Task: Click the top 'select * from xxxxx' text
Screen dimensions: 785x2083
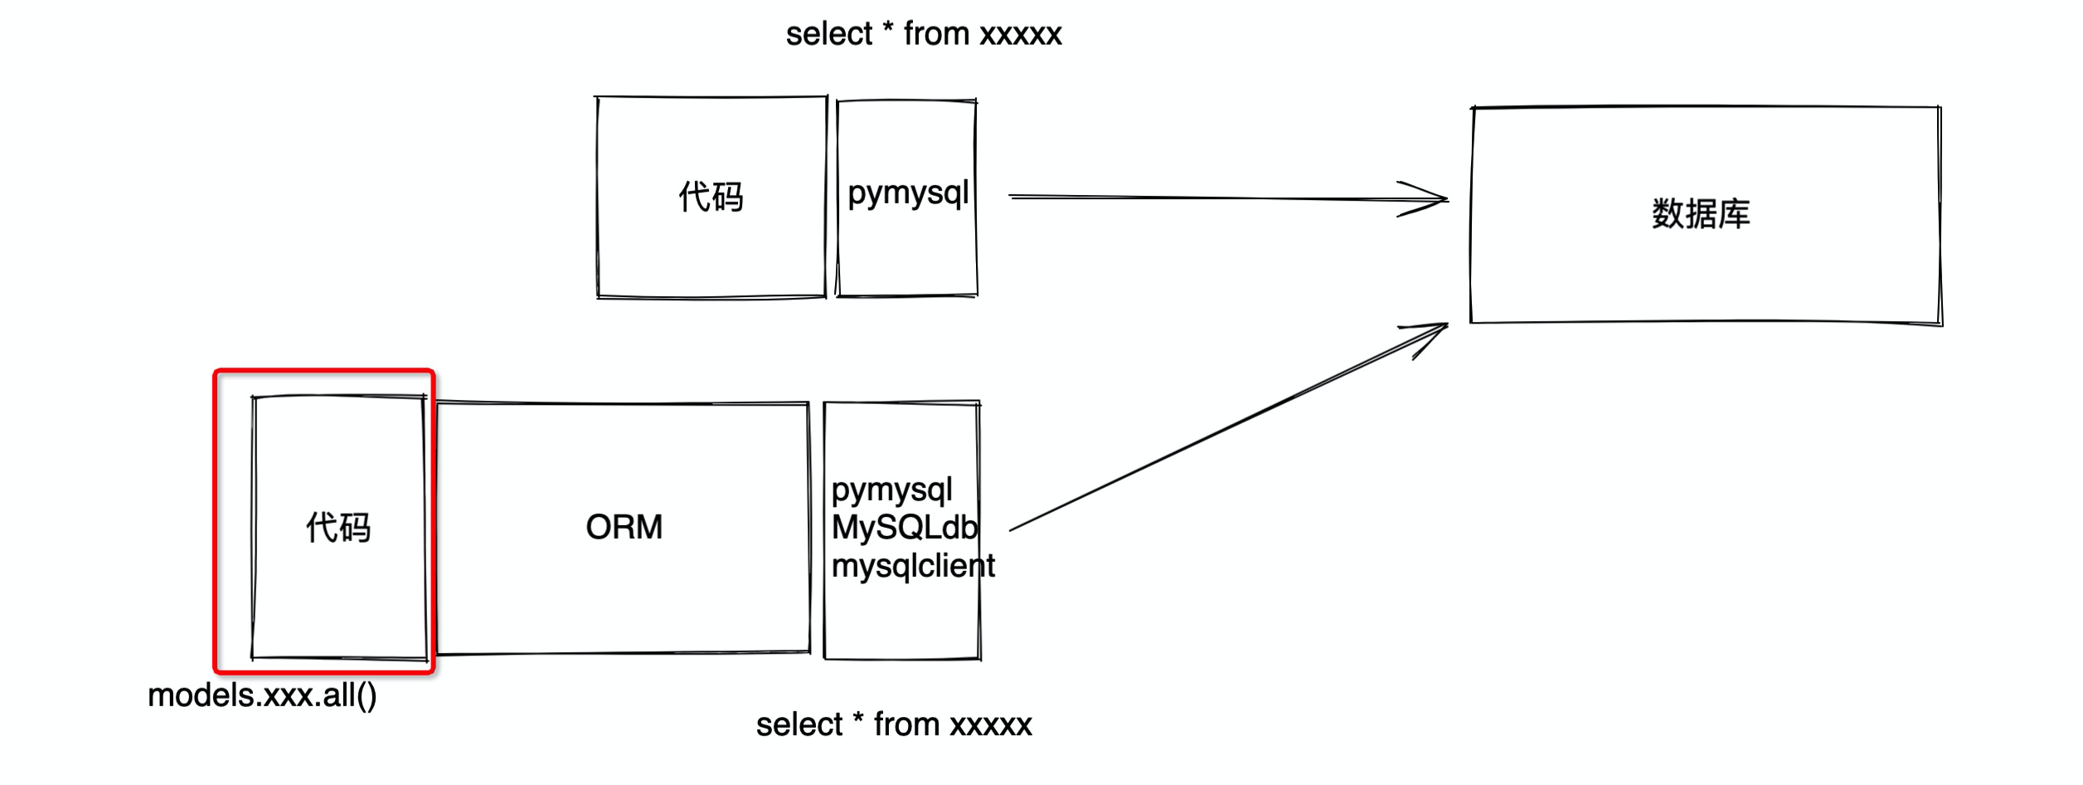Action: click(923, 34)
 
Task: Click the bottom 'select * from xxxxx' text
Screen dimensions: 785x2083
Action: click(893, 724)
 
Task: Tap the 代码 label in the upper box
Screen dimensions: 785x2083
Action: click(711, 197)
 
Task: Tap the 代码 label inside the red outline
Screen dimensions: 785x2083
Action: click(338, 528)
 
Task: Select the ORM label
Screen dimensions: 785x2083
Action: click(624, 527)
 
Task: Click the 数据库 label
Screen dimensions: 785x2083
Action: click(1700, 214)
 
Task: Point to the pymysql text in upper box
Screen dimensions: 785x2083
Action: click(907, 193)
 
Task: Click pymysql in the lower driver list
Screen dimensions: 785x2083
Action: click(891, 490)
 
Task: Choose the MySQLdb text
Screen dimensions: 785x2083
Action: click(904, 528)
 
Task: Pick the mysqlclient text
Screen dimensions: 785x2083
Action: click(912, 566)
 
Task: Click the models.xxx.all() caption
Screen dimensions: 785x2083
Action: click(262, 695)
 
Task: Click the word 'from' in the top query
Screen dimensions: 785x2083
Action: click(936, 34)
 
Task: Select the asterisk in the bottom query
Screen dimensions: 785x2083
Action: click(857, 719)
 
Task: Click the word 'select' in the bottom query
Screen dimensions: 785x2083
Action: click(799, 724)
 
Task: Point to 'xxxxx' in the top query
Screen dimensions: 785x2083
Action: click(1020, 35)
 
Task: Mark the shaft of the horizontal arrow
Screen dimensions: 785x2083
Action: click(1202, 197)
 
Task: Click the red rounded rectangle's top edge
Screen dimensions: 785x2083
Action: click(323, 371)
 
